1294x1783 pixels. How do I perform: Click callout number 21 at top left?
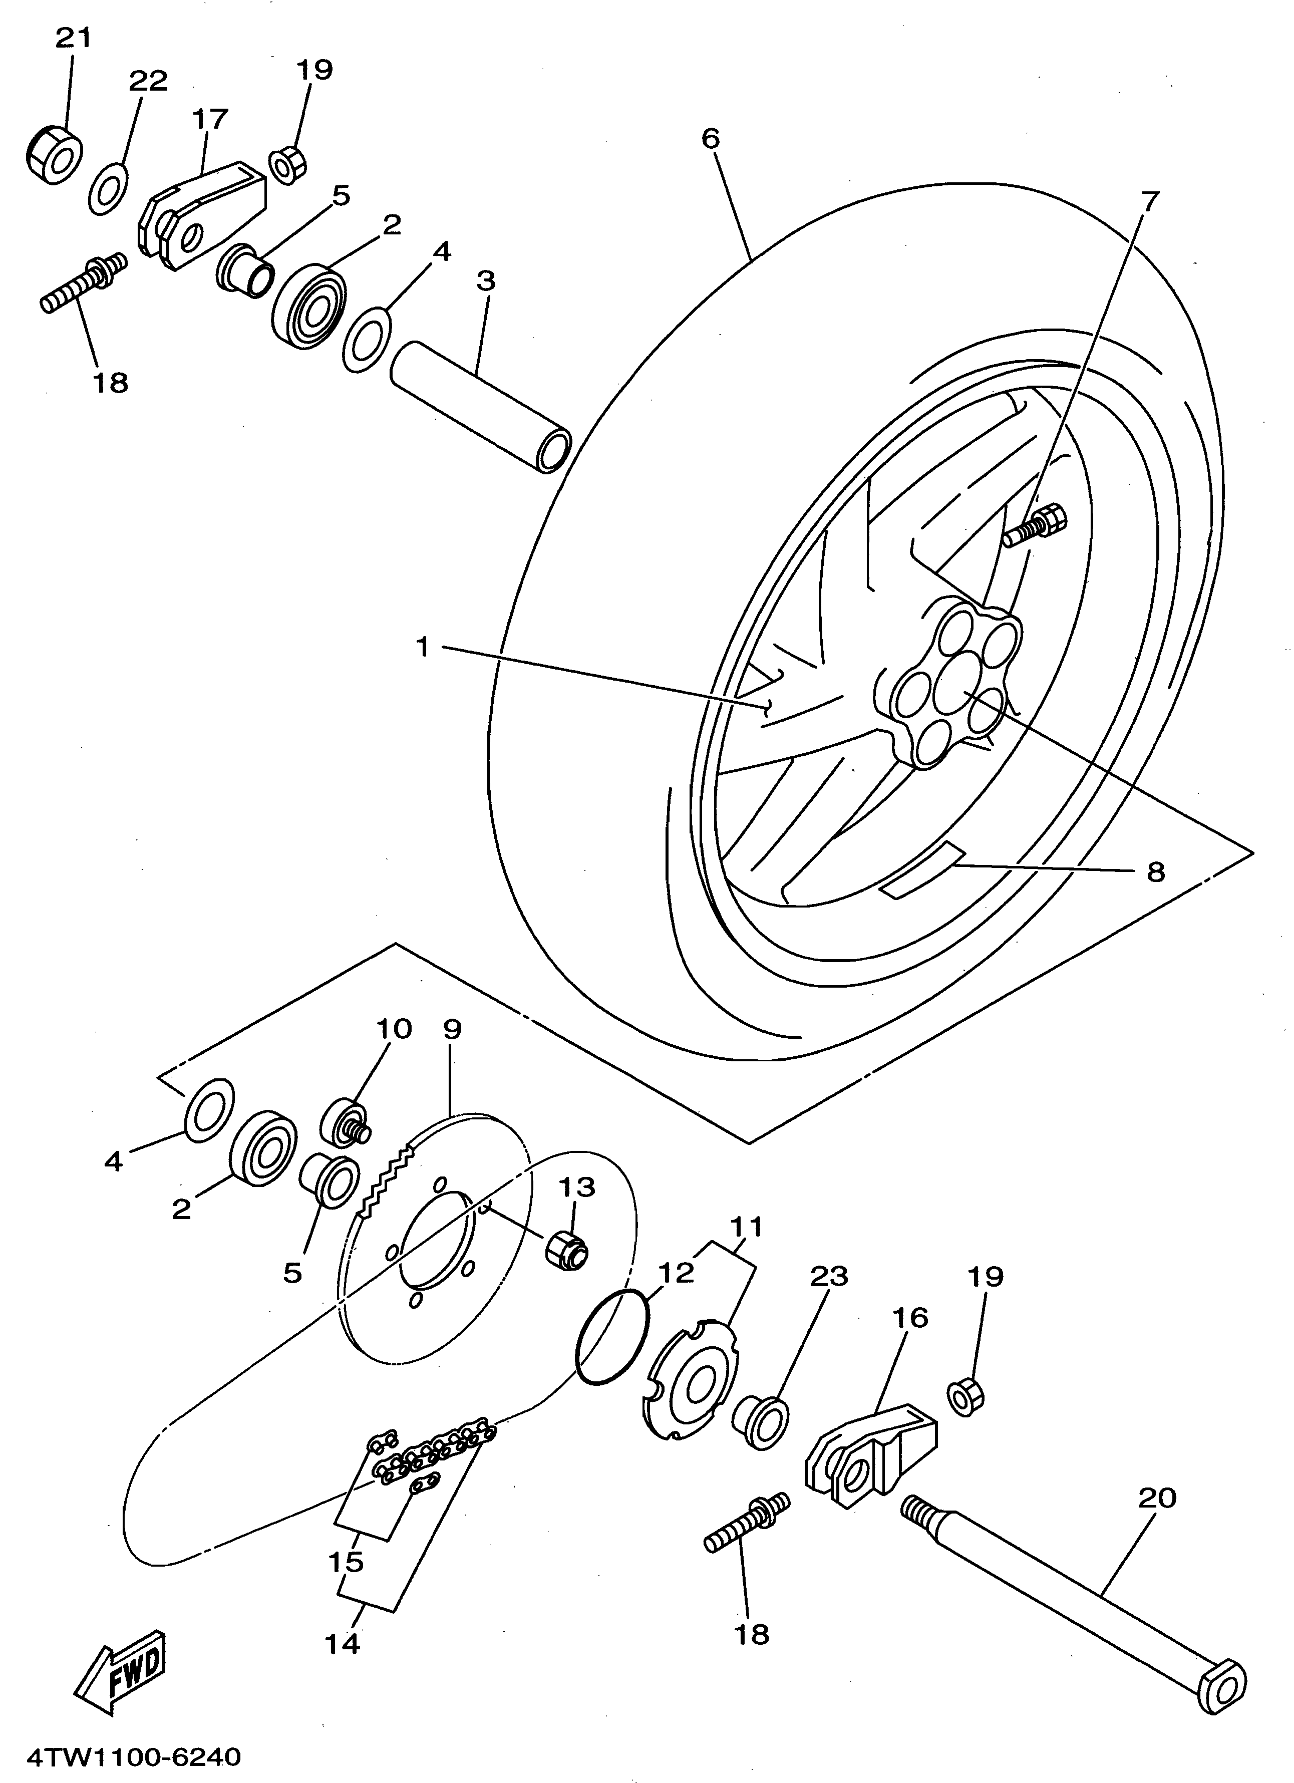click(73, 38)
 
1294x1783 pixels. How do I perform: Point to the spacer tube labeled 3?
click(480, 405)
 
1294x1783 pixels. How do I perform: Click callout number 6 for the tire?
click(710, 139)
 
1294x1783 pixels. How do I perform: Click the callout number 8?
click(1155, 871)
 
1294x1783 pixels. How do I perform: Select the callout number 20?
click(1156, 1498)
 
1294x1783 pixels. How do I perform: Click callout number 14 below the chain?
click(341, 1641)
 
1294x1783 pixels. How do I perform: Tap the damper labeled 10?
click(345, 1122)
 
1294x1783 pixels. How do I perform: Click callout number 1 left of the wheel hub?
click(422, 647)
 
